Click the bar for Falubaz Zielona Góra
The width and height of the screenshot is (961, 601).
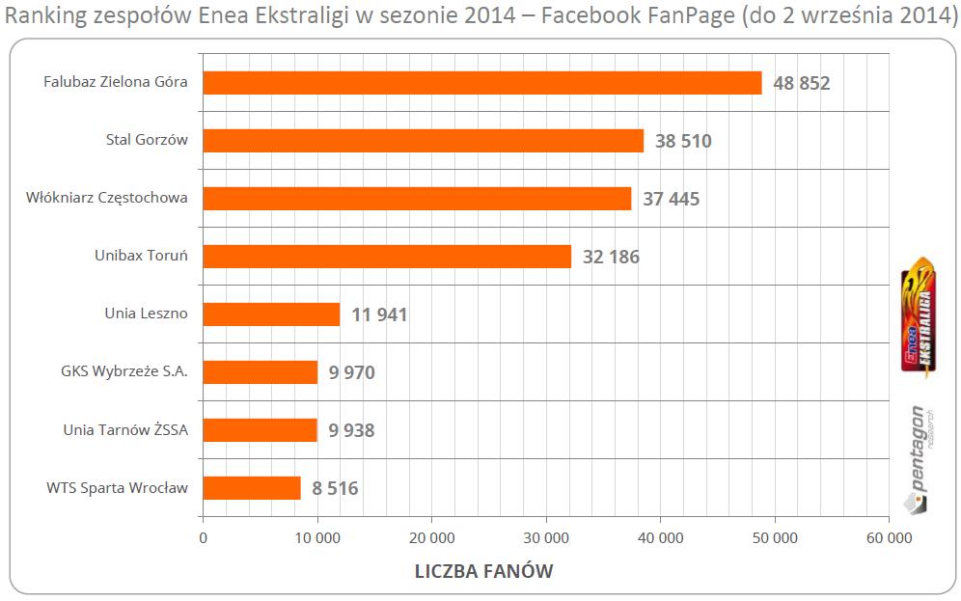[x=482, y=83]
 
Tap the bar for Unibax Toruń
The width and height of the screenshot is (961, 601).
[x=387, y=257]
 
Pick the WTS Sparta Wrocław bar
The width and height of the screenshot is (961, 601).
[x=252, y=488]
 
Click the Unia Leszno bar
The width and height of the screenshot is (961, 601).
[x=271, y=314]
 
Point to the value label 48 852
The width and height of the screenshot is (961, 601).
[x=801, y=84]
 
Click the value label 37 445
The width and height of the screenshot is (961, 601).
[x=671, y=200]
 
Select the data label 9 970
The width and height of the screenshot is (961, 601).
[x=351, y=373]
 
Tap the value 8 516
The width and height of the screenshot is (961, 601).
[x=329, y=489]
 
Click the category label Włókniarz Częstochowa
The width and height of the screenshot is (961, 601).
[x=107, y=199]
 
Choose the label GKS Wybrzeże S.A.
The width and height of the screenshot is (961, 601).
[x=123, y=372]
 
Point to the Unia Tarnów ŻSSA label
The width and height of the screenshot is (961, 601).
[x=125, y=430]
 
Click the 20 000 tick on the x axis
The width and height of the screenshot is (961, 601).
[x=431, y=537]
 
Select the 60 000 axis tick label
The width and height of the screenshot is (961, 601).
[x=888, y=537]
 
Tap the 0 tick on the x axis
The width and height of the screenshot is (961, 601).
[x=203, y=537]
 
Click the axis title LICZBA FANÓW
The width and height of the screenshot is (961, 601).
[x=483, y=571]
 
